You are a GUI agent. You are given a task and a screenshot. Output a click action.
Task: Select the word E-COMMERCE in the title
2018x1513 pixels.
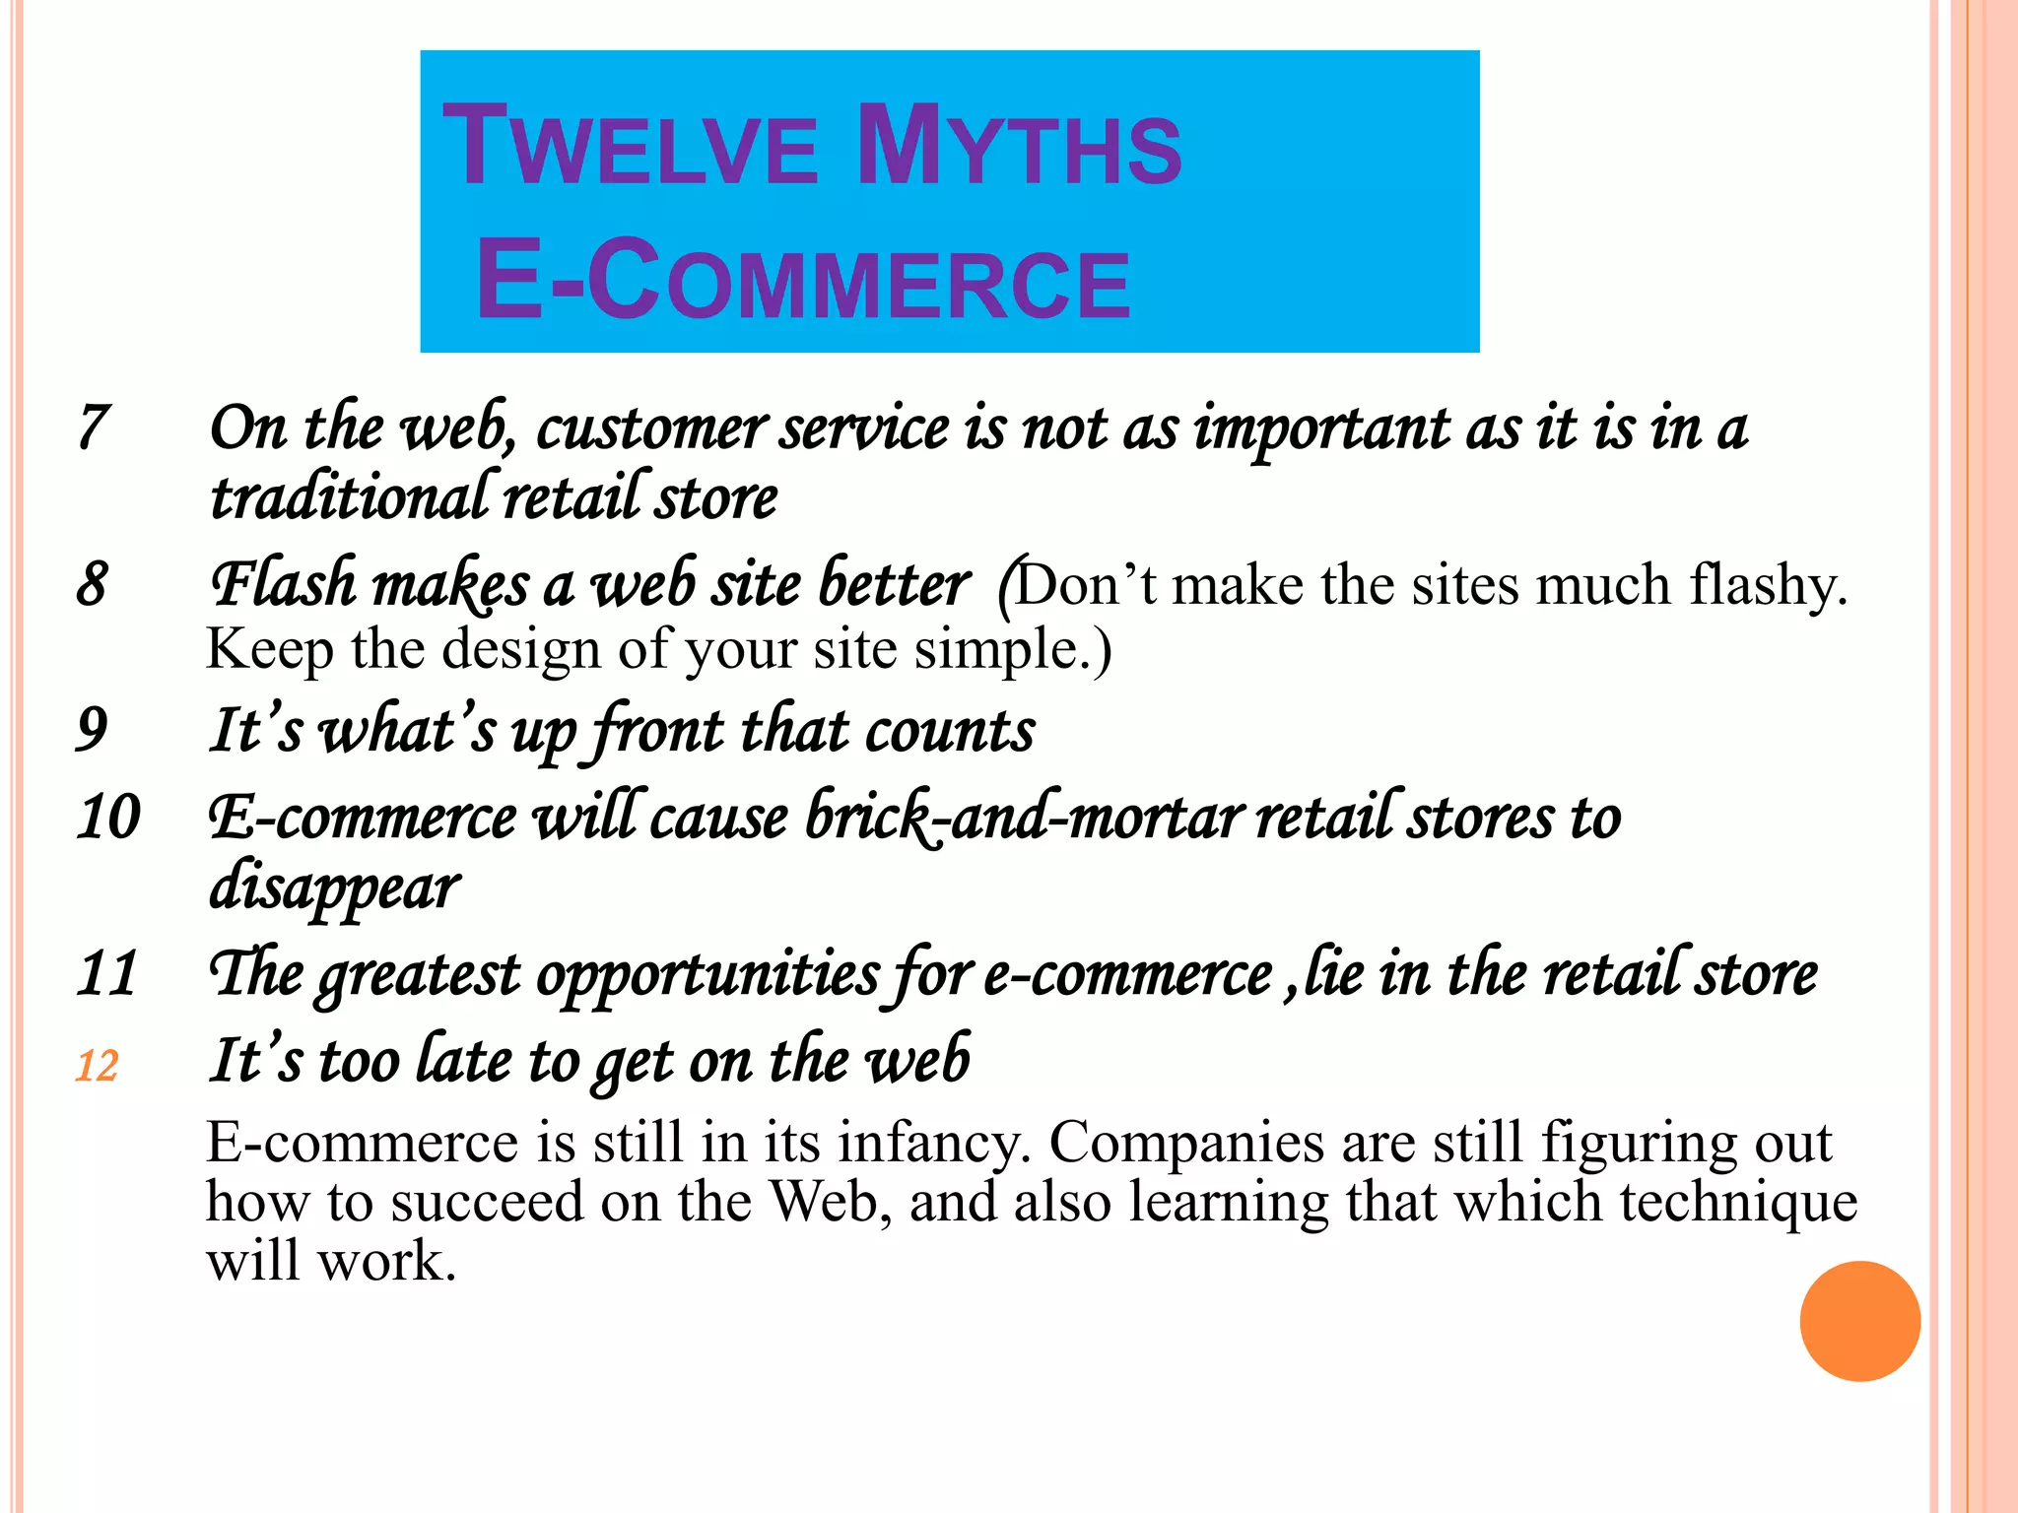pos(803,282)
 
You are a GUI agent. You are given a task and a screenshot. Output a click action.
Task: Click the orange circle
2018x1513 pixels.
pos(1859,1321)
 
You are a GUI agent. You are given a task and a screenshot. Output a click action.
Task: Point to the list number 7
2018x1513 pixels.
pos(93,428)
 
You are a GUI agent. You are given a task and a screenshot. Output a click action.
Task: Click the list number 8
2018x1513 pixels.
pos(92,583)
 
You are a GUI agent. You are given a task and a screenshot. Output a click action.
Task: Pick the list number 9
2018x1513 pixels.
pos(92,730)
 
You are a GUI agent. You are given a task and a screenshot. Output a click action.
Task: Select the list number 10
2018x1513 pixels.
pos(108,817)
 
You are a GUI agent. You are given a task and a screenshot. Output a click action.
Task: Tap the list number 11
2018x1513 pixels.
pos(106,973)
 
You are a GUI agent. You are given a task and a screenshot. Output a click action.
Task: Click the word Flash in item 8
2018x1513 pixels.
pos(284,583)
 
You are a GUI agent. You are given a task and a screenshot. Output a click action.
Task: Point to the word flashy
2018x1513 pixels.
pos(1768,585)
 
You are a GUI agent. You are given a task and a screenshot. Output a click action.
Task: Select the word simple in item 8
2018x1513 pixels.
pos(999,650)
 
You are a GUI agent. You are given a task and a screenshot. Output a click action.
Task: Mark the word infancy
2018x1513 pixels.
pos(934,1144)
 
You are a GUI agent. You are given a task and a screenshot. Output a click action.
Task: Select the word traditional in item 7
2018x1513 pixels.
pos(350,496)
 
